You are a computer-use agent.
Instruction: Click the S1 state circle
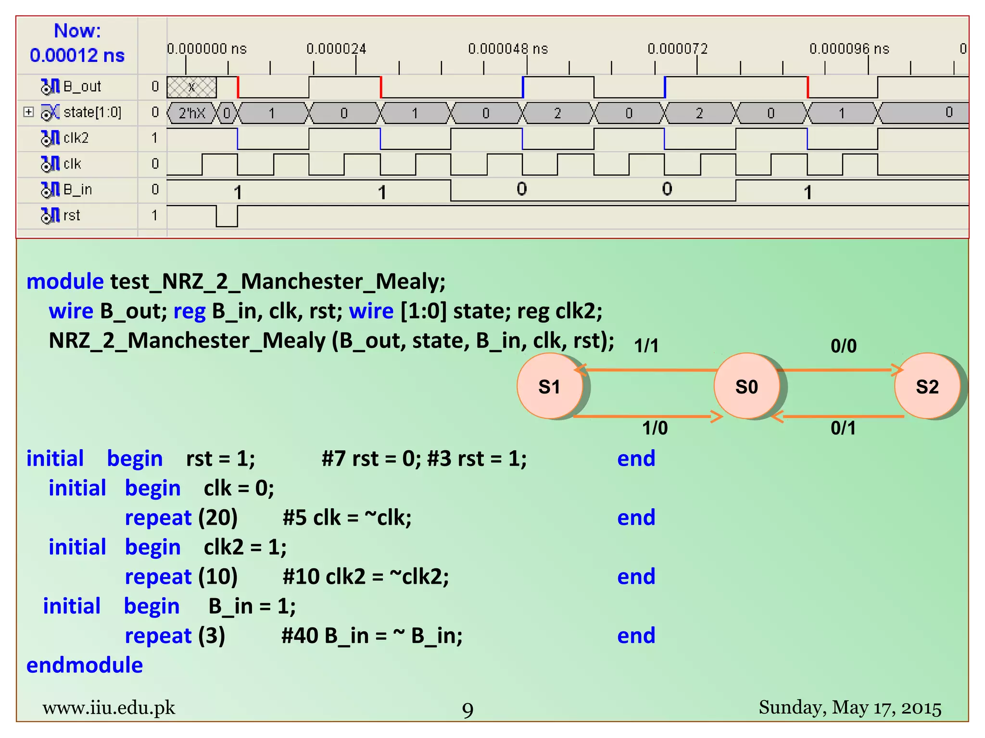549,387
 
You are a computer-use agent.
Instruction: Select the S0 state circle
746,387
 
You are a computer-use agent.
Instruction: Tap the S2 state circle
927,387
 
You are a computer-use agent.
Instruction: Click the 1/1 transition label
646,346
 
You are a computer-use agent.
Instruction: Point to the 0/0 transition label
844,346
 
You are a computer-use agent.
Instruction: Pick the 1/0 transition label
655,428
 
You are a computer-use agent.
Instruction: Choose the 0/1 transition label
843,428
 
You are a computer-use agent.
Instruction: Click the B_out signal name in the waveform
82,86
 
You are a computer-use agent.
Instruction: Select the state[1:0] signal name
92,112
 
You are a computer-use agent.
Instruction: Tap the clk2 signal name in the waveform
76,138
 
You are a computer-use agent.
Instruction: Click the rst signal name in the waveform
72,216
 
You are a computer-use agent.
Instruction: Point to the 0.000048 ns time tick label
508,49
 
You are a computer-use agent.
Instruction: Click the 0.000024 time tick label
336,49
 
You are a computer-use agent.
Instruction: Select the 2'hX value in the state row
192,113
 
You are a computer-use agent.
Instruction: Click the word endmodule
85,665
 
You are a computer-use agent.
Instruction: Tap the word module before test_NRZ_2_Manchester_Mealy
65,282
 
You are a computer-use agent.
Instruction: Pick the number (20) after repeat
218,518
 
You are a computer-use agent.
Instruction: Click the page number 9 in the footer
467,710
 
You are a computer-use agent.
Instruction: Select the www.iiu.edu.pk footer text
109,708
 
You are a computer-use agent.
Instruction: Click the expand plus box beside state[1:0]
29,112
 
